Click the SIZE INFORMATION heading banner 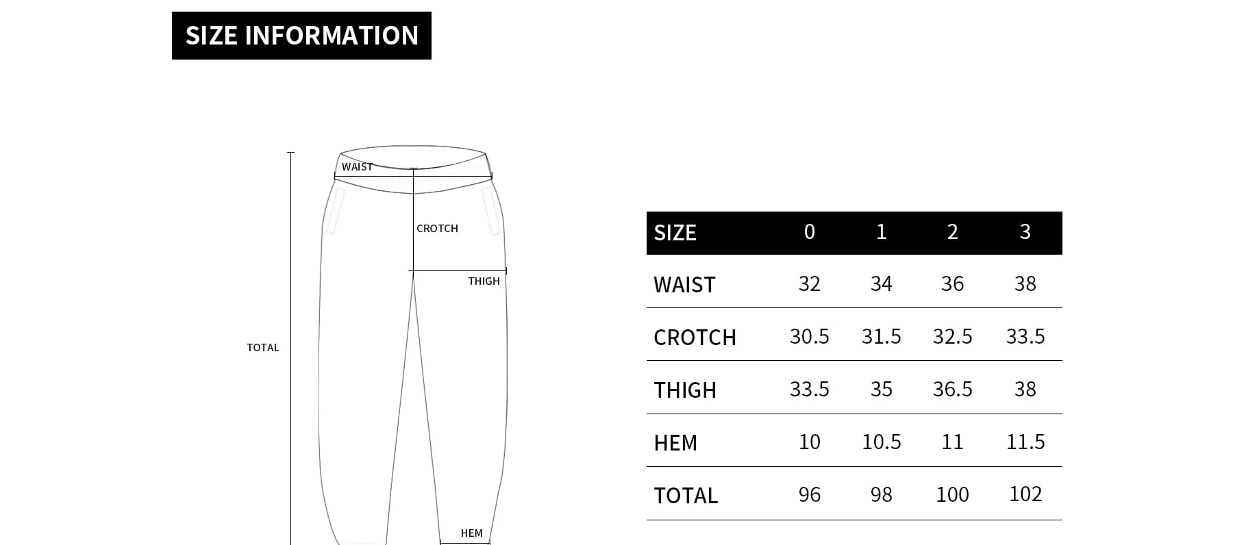coord(301,36)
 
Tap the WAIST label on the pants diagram coord(357,167)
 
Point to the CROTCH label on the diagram coord(437,229)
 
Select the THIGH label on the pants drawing coord(484,281)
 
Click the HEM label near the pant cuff coord(471,533)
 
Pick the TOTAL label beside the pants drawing coord(263,348)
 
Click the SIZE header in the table coord(675,233)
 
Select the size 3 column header coord(1025,232)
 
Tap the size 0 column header coord(809,232)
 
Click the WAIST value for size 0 coord(809,284)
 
